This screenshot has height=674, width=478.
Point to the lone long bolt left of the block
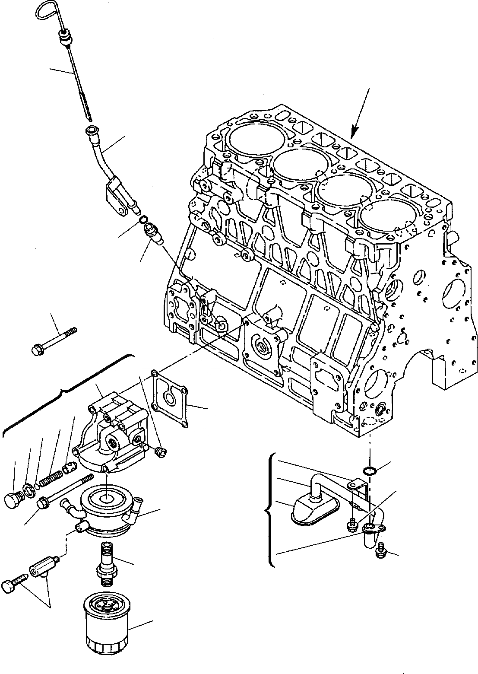pos(54,341)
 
